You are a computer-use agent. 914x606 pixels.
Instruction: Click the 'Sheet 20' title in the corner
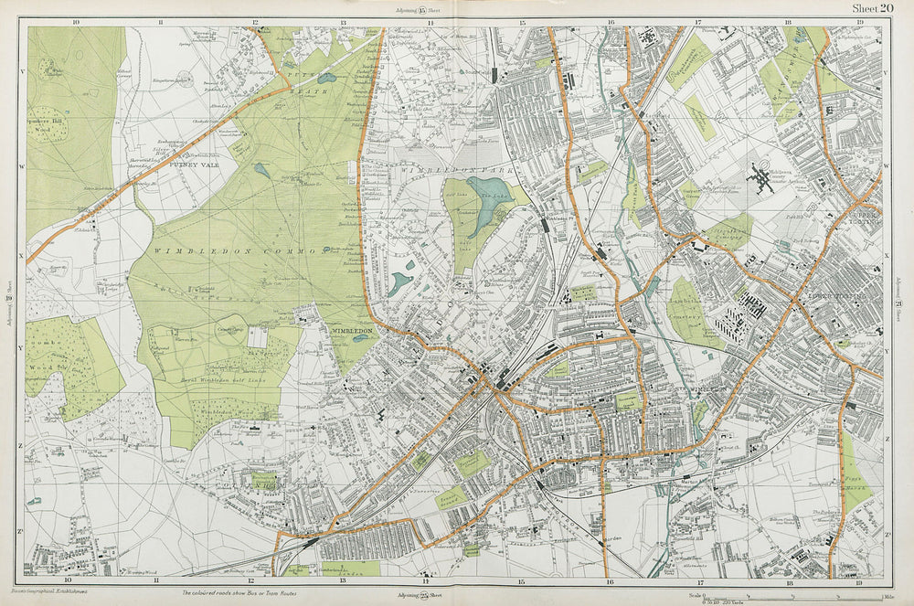(872, 8)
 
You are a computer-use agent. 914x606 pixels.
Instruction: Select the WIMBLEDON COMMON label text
(234, 249)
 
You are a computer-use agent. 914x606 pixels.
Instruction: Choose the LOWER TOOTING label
(831, 299)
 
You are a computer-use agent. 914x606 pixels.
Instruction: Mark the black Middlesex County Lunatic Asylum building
(761, 176)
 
